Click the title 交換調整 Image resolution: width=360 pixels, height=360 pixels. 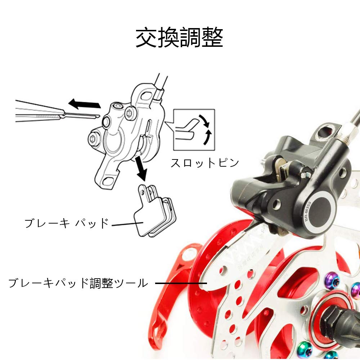point(179,37)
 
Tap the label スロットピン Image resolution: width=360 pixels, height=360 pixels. point(204,163)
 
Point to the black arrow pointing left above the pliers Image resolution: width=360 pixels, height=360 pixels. point(85,104)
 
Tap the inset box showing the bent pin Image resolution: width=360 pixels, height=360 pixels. point(194,130)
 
